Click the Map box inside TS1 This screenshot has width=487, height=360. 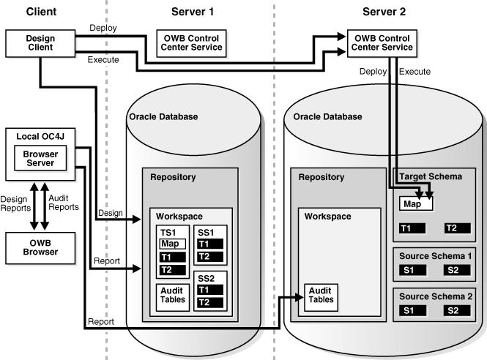[x=170, y=244]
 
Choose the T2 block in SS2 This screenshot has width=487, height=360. [x=210, y=302]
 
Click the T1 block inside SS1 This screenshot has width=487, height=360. [x=210, y=244]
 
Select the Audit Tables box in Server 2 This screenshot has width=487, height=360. [x=321, y=294]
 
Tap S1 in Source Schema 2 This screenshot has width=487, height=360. [x=409, y=311]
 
